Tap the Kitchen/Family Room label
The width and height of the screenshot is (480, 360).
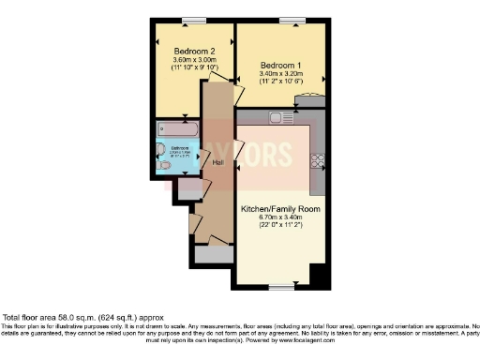pyautogui.click(x=276, y=207)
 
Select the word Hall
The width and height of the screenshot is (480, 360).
pyautogui.click(x=218, y=162)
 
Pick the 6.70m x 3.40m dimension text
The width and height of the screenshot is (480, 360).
pyautogui.click(x=276, y=217)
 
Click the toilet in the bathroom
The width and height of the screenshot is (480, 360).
pyautogui.click(x=164, y=166)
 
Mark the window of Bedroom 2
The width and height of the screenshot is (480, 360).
pyautogui.click(x=193, y=21)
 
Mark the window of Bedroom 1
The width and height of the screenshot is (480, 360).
pyautogui.click(x=292, y=21)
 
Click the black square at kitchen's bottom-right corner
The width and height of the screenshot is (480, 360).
pyautogui.click(x=318, y=277)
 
